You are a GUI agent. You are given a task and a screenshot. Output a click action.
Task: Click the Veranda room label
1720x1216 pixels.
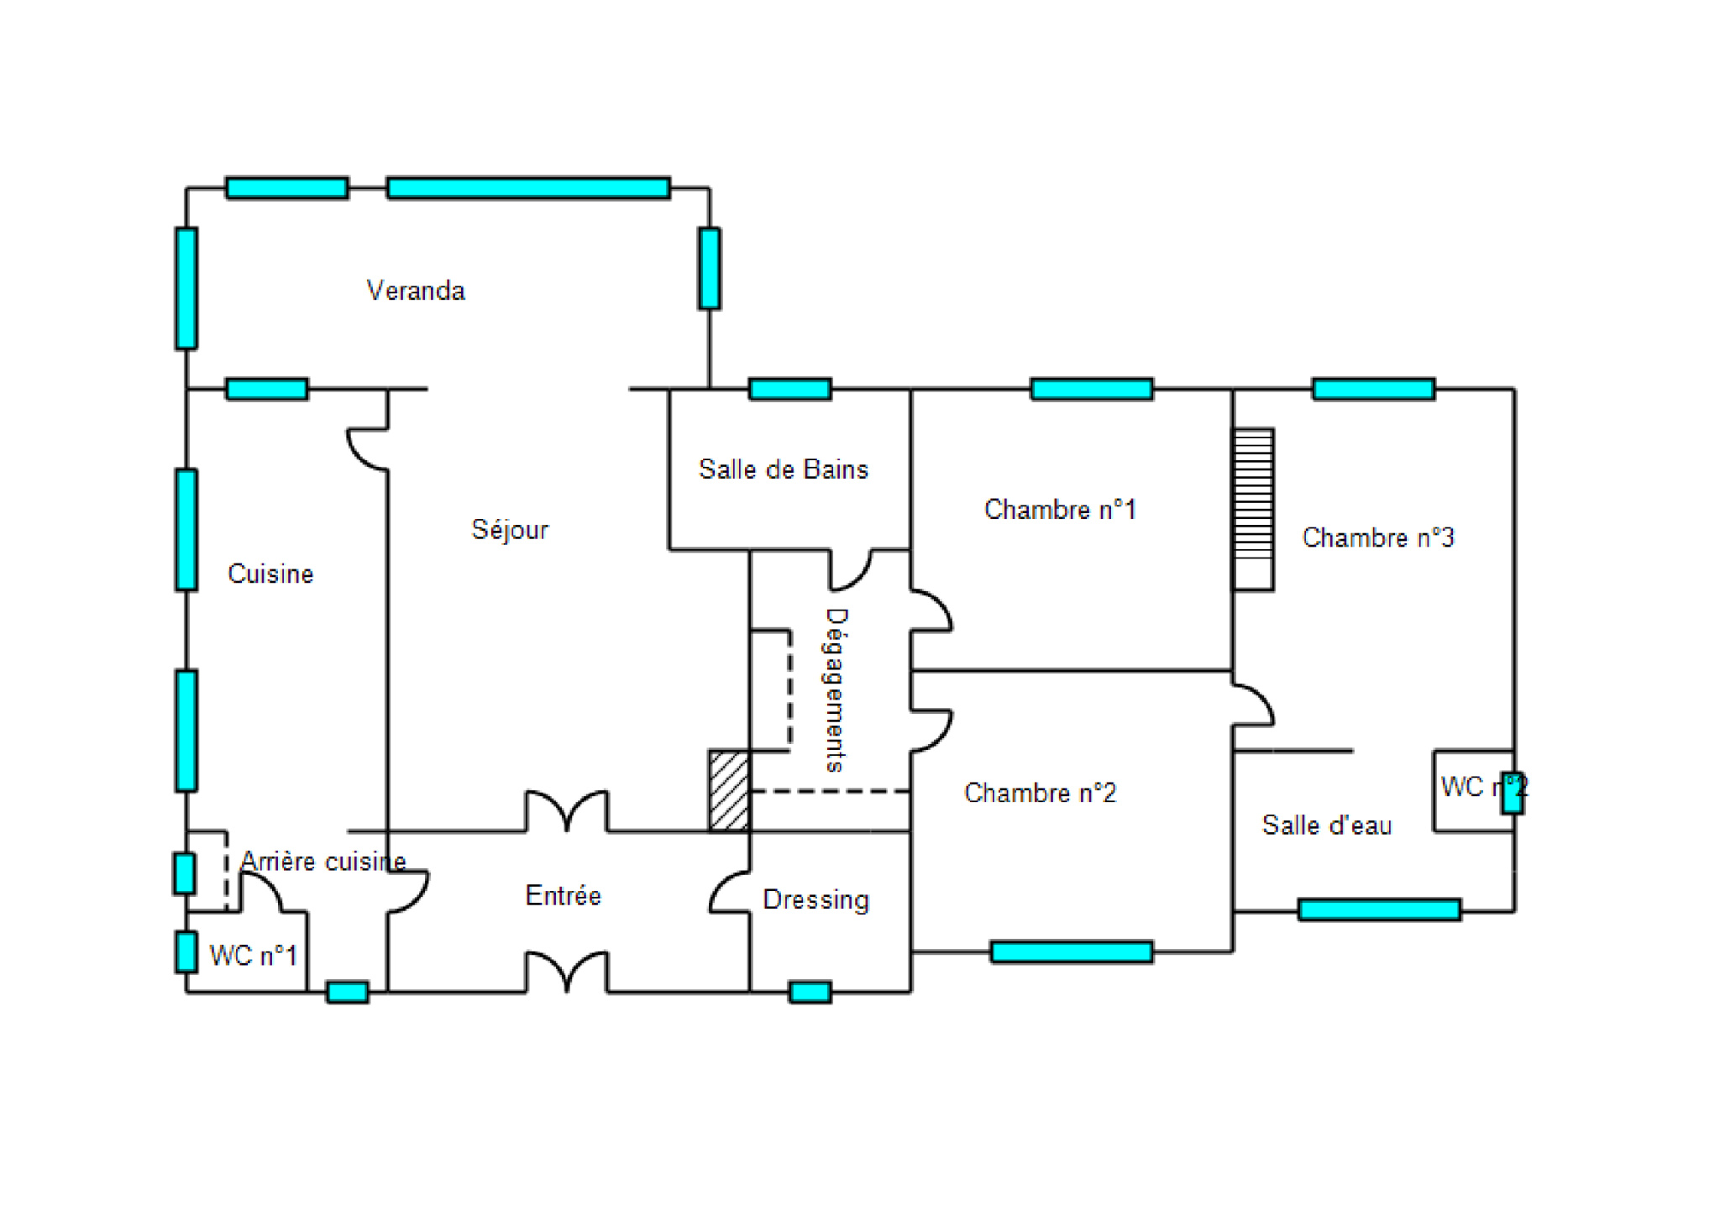pos(416,291)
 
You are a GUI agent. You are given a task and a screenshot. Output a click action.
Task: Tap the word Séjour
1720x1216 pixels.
pos(510,530)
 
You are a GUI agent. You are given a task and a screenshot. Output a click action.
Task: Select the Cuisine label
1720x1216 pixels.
pos(270,574)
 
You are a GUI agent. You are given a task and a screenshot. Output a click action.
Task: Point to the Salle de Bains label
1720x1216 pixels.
pos(783,469)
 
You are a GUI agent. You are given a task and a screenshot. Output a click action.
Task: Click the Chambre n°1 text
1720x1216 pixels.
pos(1060,510)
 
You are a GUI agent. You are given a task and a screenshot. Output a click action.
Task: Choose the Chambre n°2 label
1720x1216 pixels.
pos(1040,793)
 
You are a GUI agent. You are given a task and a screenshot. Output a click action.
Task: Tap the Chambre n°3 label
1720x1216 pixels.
pos(1377,537)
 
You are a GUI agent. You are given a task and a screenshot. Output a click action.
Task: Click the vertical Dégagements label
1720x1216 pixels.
pos(836,689)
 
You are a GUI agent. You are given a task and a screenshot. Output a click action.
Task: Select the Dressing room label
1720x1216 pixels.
pos(815,899)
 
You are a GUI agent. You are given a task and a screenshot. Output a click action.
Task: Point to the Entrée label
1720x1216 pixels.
pos(563,896)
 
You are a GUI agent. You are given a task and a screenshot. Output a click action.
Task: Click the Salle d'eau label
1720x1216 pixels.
pos(1326,826)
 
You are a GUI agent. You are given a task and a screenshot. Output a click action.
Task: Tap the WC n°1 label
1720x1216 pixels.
pos(253,956)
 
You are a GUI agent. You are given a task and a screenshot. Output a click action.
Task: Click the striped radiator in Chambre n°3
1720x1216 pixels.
pos(1253,510)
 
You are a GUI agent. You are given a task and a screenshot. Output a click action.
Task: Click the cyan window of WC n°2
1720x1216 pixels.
pos(1513,793)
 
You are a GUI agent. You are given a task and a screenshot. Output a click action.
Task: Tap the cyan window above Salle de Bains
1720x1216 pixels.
pos(789,389)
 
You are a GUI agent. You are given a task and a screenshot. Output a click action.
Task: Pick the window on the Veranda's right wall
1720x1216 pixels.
pos(709,269)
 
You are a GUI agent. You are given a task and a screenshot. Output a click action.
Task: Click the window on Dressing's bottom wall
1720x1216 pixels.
pos(810,993)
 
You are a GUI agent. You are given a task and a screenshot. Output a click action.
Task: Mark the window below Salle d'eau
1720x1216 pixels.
pos(1379,909)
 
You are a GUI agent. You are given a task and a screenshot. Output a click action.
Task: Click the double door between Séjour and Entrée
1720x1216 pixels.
pos(567,812)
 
